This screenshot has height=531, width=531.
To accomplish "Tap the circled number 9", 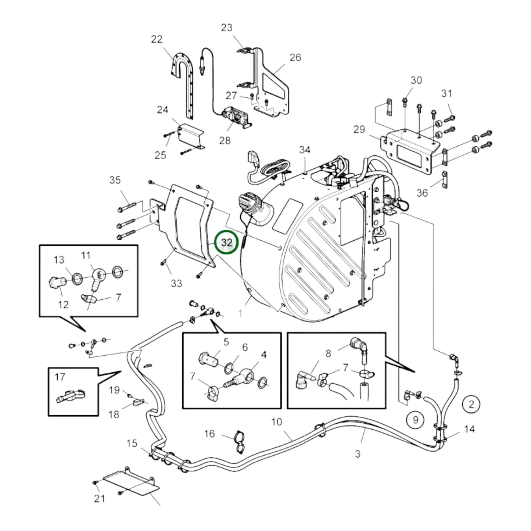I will (416, 419).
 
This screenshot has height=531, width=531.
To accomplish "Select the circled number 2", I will (471, 404).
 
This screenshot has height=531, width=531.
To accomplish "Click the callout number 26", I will (295, 57).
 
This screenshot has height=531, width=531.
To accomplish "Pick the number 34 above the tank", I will (305, 150).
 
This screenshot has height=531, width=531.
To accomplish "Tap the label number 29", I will (359, 129).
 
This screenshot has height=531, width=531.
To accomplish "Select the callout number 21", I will (99, 498).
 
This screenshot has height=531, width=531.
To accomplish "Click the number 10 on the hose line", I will (277, 421).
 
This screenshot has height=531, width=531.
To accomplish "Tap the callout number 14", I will (470, 429).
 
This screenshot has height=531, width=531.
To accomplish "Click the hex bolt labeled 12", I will (56, 283).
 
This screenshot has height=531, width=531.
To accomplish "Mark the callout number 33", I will (176, 283).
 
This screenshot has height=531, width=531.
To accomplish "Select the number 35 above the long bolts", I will (115, 180).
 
